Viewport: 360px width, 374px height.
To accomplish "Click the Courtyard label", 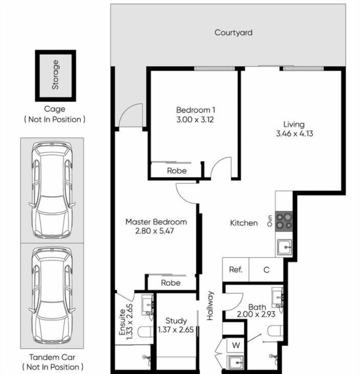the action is click(x=233, y=33).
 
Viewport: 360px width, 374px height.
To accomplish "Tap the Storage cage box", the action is click(x=55, y=75).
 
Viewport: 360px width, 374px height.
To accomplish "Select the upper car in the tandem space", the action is click(x=52, y=190).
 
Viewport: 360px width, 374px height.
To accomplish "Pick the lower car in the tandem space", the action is click(x=52, y=295).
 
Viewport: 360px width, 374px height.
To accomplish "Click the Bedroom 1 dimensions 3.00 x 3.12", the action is click(x=195, y=119).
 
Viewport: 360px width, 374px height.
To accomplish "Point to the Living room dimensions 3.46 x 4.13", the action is click(x=294, y=133).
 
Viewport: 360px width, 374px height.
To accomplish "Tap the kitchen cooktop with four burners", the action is click(x=284, y=221).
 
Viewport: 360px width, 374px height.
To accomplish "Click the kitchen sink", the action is click(x=285, y=247).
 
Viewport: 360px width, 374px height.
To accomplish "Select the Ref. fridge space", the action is click(x=235, y=269).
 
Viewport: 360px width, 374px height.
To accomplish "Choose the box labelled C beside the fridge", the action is click(x=266, y=269).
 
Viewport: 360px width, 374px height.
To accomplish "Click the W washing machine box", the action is click(x=235, y=345).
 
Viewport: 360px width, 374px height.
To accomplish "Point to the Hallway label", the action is click(x=210, y=305).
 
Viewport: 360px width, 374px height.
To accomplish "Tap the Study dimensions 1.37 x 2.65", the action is click(x=176, y=330).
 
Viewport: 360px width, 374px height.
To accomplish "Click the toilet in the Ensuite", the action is click(x=145, y=332).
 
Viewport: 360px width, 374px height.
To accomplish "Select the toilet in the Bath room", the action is click(x=275, y=331).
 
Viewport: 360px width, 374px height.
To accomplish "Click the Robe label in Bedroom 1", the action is click(x=177, y=171).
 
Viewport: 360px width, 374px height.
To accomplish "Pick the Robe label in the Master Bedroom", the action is click(x=171, y=283).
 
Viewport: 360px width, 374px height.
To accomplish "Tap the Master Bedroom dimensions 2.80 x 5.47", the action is click(x=154, y=231).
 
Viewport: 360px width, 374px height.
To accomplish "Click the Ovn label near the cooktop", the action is click(x=270, y=221).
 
